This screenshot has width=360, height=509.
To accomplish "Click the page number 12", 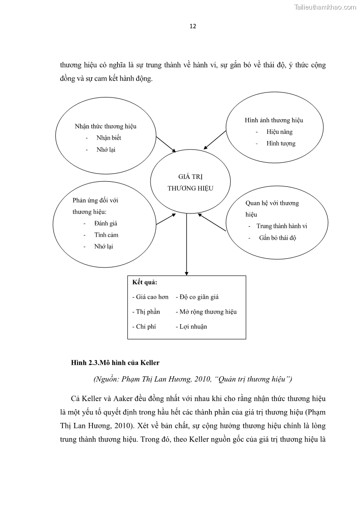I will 193,26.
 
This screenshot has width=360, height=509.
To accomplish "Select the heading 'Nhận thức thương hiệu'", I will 105,126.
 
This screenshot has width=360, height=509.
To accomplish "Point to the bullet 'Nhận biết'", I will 109,138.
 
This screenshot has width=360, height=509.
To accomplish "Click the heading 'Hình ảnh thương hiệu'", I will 274,121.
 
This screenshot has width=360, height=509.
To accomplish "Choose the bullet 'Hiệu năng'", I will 280,132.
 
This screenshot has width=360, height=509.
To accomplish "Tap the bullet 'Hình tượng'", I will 281,143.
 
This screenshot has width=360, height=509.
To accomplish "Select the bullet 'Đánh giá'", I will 106,223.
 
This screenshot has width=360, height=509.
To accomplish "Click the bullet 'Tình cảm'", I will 106,235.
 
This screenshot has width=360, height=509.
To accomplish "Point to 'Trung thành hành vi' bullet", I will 285,226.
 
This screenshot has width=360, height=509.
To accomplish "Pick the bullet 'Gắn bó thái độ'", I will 277,238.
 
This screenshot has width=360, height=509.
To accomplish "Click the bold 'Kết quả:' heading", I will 145,282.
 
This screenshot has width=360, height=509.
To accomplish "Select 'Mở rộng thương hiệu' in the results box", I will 208,312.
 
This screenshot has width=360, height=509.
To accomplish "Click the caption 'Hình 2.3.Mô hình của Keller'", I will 115,363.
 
